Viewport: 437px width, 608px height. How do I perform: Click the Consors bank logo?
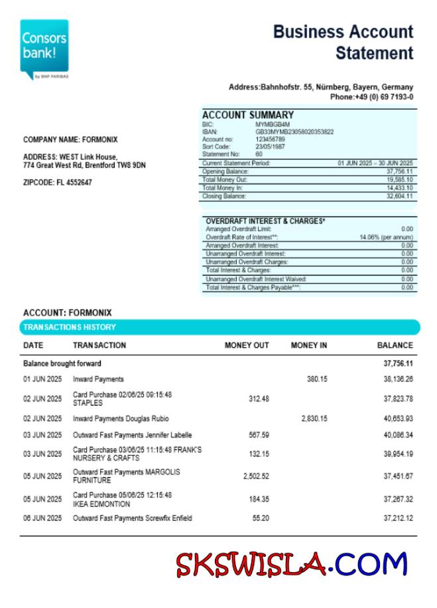pyautogui.click(x=44, y=48)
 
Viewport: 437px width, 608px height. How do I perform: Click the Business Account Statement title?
pyautogui.click(x=343, y=42)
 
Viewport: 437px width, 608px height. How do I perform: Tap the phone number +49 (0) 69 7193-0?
pyautogui.click(x=371, y=97)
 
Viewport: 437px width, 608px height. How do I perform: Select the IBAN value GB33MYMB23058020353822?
pyautogui.click(x=294, y=132)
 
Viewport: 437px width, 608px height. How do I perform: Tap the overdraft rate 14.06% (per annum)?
pyautogui.click(x=386, y=237)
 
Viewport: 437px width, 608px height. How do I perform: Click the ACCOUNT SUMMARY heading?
pyautogui.click(x=247, y=115)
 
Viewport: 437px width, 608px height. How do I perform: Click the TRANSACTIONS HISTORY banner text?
pyautogui.click(x=70, y=327)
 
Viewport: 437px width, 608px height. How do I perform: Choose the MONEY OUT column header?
pyautogui.click(x=247, y=345)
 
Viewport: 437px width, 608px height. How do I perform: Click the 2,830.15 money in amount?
pyautogui.click(x=314, y=419)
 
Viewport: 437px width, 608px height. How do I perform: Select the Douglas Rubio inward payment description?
pyautogui.click(x=121, y=419)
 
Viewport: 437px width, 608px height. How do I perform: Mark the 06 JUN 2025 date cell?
pyautogui.click(x=42, y=518)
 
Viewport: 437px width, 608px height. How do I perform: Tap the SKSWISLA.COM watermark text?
pyautogui.click(x=291, y=565)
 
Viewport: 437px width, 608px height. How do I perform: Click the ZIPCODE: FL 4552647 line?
pyautogui.click(x=58, y=183)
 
